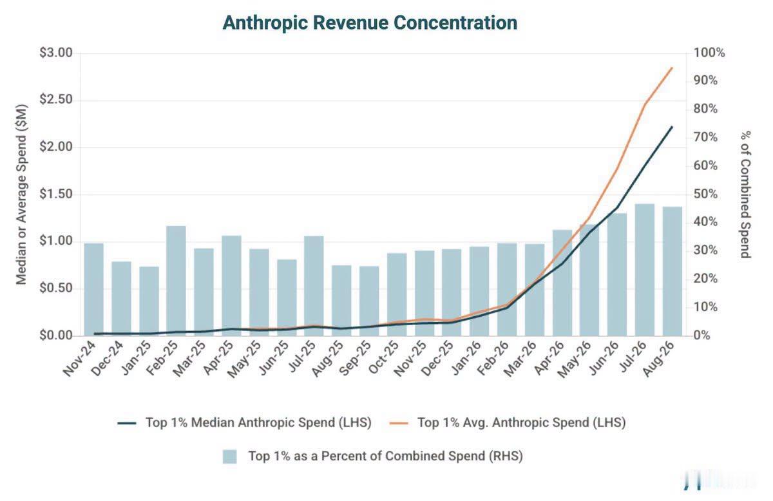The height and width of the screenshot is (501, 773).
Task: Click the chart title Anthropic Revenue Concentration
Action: click(370, 23)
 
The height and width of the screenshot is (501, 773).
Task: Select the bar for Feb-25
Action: click(176, 281)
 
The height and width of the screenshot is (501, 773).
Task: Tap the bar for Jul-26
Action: click(645, 270)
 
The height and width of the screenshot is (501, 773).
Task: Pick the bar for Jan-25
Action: click(149, 301)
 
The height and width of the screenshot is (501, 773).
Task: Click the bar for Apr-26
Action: click(562, 283)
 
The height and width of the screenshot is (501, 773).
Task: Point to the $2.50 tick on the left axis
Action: click(56, 99)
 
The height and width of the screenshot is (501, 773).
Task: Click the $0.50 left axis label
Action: click(56, 288)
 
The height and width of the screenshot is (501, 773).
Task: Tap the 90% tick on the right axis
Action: click(705, 80)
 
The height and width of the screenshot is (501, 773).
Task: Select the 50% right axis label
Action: click(705, 194)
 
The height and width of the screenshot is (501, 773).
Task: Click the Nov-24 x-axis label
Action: click(79, 359)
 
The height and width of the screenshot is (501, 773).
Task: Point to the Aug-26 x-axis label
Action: click(658, 359)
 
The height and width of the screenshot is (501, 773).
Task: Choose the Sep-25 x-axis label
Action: click(355, 359)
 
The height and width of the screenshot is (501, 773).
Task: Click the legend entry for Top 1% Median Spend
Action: click(244, 422)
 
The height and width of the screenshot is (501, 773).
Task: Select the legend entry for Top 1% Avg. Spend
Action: click(508, 422)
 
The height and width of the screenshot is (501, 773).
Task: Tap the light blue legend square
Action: click(229, 457)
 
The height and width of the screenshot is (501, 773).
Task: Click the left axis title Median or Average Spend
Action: click(21, 194)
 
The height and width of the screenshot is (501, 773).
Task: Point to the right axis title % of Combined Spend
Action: click(745, 194)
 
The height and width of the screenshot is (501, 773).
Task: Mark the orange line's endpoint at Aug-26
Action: click(672, 68)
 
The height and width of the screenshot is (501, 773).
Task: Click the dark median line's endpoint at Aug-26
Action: click(672, 127)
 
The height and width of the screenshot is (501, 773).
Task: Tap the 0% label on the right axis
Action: click(701, 336)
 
